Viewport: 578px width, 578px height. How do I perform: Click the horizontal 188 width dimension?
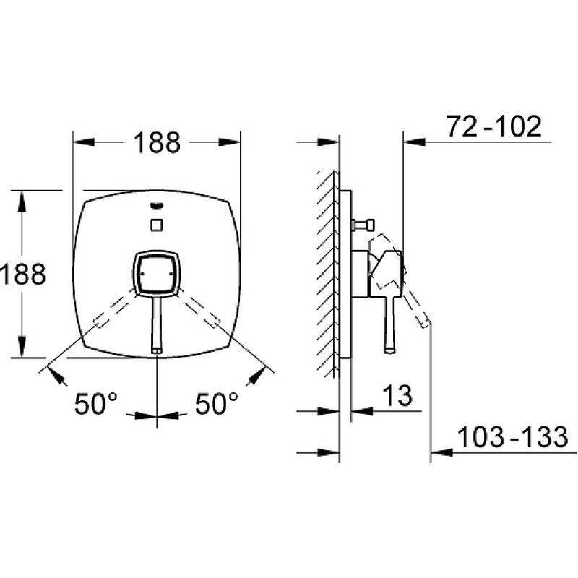tap(157, 142)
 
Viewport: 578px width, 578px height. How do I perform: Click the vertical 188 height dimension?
tap(23, 274)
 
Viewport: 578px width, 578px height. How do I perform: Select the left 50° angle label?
tap(96, 404)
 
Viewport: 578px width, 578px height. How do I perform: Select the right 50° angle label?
tap(216, 404)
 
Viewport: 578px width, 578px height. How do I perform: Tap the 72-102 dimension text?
tap(494, 126)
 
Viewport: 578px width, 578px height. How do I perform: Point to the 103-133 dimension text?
tap(512, 437)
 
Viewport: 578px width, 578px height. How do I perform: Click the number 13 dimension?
tap(397, 394)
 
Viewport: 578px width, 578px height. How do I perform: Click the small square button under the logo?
tap(157, 225)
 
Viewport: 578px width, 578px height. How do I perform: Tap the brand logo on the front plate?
tap(157, 205)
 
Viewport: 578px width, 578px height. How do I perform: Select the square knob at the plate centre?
tap(156, 274)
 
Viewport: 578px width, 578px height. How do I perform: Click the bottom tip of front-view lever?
tap(156, 350)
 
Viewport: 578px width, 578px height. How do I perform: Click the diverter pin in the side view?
tap(363, 225)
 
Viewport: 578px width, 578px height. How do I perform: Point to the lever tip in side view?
tap(390, 350)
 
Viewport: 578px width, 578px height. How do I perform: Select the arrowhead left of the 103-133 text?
tap(441, 452)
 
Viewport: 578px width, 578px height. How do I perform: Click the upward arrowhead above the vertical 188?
tap(22, 202)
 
